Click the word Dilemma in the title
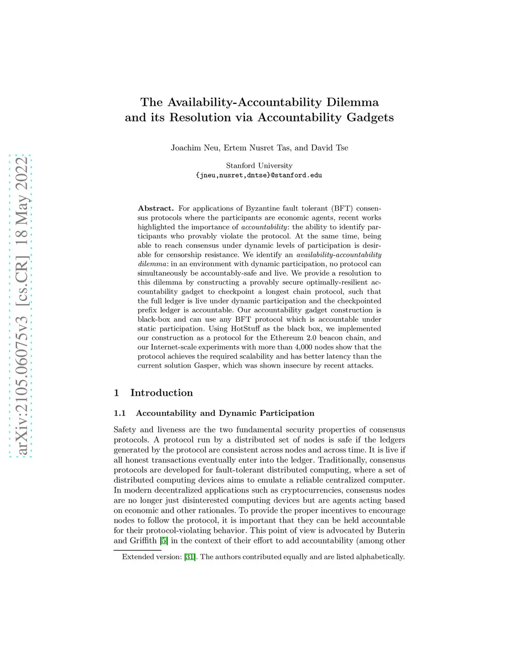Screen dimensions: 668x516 352,102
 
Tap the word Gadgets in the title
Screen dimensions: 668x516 370,117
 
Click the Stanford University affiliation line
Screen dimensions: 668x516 259,165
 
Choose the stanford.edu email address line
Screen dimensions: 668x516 259,175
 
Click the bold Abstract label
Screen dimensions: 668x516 156,208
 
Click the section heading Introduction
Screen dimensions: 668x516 161,393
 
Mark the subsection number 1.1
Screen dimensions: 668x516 119,413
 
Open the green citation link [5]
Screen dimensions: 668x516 164,541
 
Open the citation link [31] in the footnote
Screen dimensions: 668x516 189,557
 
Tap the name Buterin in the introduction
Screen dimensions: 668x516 392,530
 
